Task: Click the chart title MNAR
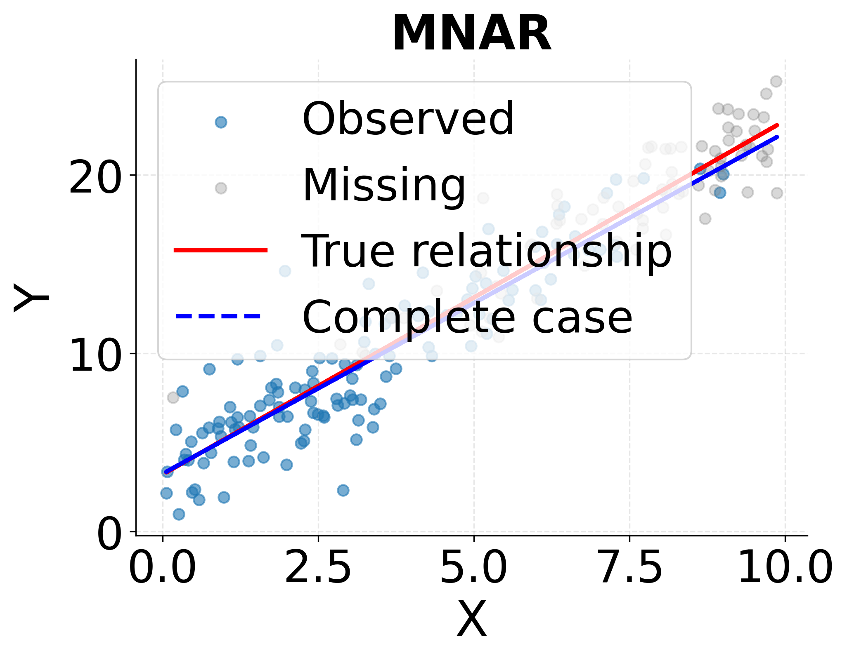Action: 471,34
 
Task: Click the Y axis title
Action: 31,298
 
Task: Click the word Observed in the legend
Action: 408,119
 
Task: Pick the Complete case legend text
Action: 467,317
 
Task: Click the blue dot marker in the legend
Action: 221,122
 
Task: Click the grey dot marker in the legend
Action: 221,188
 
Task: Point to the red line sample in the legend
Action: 221,250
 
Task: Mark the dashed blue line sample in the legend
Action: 218,316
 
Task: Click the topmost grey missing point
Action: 776,81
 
